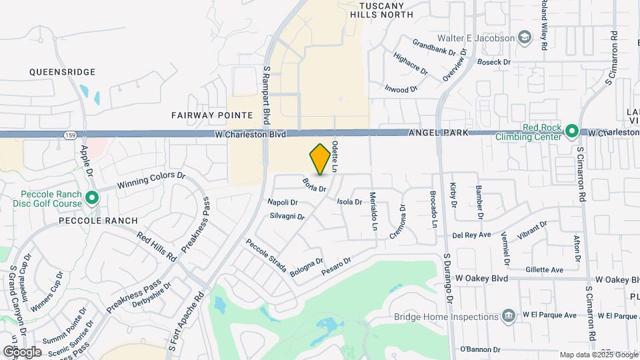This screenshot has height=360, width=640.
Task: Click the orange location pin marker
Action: [x=321, y=159]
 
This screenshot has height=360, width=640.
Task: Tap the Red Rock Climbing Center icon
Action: [x=571, y=131]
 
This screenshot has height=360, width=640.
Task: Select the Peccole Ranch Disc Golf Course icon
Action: [x=92, y=198]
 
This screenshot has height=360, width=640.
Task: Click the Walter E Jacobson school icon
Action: [x=525, y=37]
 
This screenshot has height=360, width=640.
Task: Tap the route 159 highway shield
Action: [x=70, y=135]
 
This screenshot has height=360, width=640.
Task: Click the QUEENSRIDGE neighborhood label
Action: [x=63, y=72]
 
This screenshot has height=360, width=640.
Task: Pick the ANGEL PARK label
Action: [x=435, y=134]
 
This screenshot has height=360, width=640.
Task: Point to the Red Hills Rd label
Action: [x=157, y=246]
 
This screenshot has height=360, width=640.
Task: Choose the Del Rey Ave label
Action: [x=471, y=235]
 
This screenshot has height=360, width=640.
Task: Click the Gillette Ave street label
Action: [x=544, y=269]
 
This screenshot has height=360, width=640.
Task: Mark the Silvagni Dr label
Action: [x=287, y=217]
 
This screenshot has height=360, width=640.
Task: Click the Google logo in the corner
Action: [x=22, y=351]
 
